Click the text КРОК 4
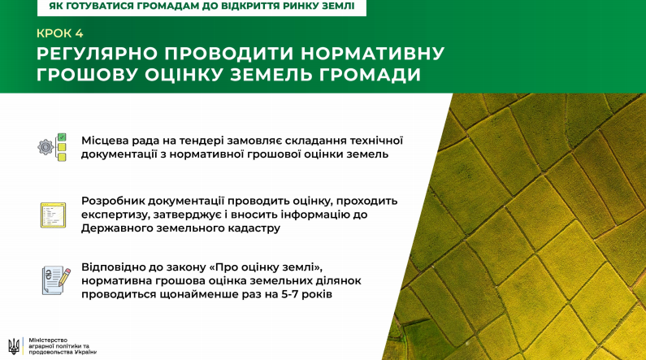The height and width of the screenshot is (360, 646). coord(60,33)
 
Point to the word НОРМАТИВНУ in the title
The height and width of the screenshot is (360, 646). coord(372,54)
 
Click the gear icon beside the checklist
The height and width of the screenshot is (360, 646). coord(46,147)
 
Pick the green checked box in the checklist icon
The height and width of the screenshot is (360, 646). coord(62,137)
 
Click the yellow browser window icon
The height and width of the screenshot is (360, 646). coord(53,215)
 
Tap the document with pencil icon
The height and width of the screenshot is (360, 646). coord(56,280)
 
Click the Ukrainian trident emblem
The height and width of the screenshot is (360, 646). coord(14,346)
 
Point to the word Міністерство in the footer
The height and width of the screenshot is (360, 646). coord(48,340)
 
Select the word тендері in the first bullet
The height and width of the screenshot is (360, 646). coord(201,141)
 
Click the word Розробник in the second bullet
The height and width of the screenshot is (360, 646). coord(112,201)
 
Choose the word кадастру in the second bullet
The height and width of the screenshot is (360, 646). coord(254,228)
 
